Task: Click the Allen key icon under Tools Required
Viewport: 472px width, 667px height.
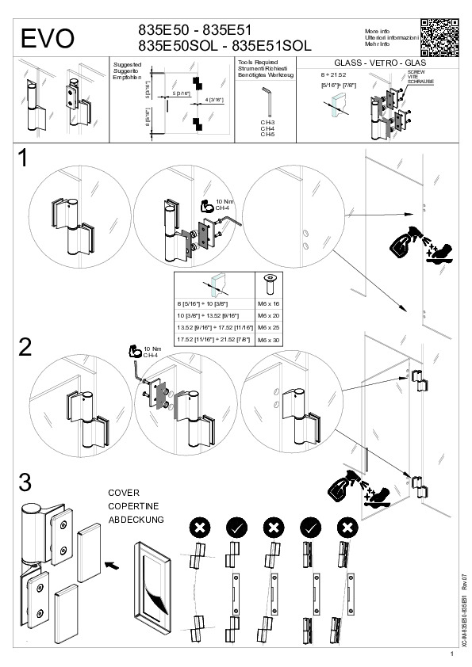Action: (x=267, y=101)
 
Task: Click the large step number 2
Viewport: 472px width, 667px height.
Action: (x=25, y=346)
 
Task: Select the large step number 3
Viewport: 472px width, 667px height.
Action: (x=25, y=482)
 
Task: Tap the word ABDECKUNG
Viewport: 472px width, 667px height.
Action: (x=136, y=520)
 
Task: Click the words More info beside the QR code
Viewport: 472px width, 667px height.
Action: (x=377, y=29)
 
